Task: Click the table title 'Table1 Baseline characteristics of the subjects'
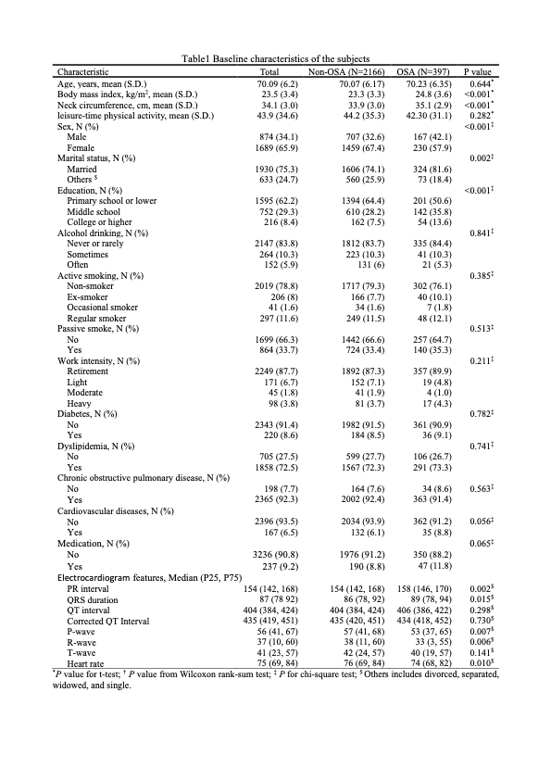click(x=275, y=60)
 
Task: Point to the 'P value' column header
click(x=478, y=71)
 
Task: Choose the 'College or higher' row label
click(x=100, y=222)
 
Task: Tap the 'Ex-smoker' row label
click(x=88, y=296)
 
